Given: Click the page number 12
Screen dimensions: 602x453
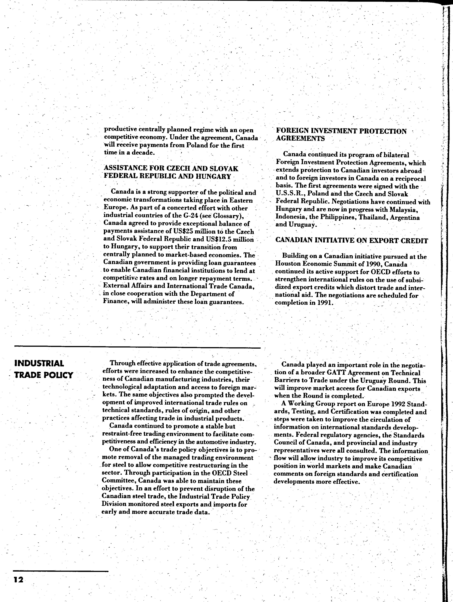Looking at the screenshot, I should click(x=18, y=579).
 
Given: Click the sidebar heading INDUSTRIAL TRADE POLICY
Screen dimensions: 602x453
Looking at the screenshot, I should click(x=43, y=369).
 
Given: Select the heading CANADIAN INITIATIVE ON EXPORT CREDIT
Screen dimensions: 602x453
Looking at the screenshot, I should click(x=351, y=241).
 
